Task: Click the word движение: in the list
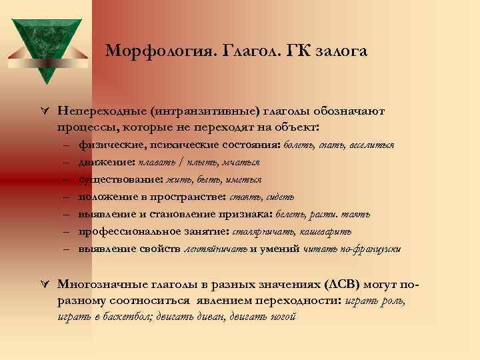(x=105, y=161)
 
